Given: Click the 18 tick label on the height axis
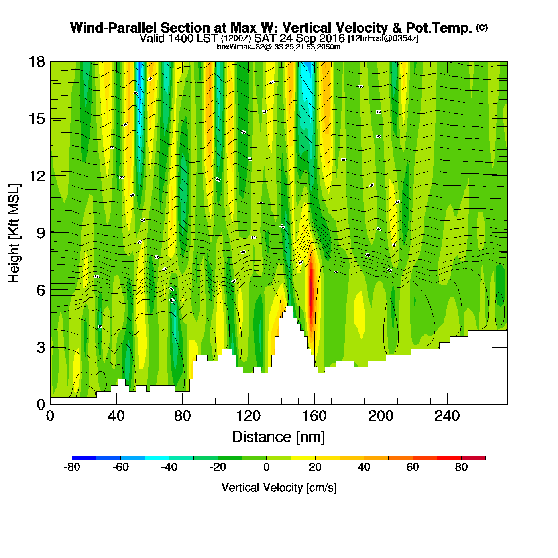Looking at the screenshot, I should [x=36, y=62].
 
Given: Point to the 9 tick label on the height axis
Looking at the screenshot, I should [x=41, y=233].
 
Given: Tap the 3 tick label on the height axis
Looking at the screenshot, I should [x=41, y=348].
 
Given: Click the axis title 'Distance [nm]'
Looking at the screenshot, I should [x=279, y=437].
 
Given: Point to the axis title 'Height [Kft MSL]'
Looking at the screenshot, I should [x=14, y=233].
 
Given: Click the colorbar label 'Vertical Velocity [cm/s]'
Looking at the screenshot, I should [x=279, y=487].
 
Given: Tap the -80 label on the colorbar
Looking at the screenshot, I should [x=72, y=467].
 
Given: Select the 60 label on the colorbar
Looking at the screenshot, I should [x=413, y=467].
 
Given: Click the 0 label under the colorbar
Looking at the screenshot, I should [x=266, y=467].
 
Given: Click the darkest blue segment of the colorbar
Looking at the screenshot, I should [x=84, y=458].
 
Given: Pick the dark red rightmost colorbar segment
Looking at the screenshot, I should [x=474, y=458].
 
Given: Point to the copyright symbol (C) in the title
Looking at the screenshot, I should [x=482, y=28].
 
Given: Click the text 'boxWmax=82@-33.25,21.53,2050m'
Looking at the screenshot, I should [x=278, y=47].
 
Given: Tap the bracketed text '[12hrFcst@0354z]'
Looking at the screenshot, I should [x=383, y=39].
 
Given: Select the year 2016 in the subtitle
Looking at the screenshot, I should [x=332, y=39].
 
